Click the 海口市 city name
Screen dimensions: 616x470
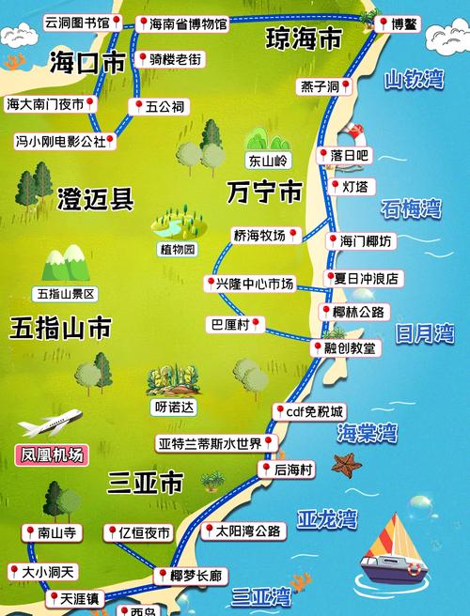click(x=86, y=63)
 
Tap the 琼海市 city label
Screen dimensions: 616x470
click(x=303, y=39)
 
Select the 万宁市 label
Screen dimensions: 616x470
click(x=264, y=192)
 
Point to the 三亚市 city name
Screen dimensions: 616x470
click(x=145, y=483)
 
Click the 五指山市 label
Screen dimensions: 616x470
click(x=60, y=328)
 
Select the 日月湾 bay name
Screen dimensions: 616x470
click(x=423, y=332)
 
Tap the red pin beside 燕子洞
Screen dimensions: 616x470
click(x=347, y=87)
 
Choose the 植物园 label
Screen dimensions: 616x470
click(x=177, y=250)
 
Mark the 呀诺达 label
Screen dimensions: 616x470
click(x=173, y=408)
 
